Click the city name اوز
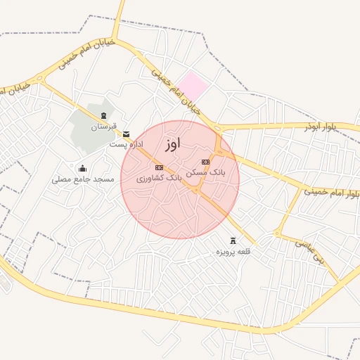(x=173, y=143)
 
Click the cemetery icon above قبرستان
(x=103, y=115)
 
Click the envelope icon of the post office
(x=126, y=134)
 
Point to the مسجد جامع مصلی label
(x=83, y=179)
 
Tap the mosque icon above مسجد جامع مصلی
(x=83, y=168)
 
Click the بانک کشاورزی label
(x=159, y=179)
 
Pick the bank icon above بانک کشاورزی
(x=159, y=167)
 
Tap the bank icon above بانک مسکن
(x=205, y=162)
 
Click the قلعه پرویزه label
(x=233, y=251)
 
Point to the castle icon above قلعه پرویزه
(x=233, y=240)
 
